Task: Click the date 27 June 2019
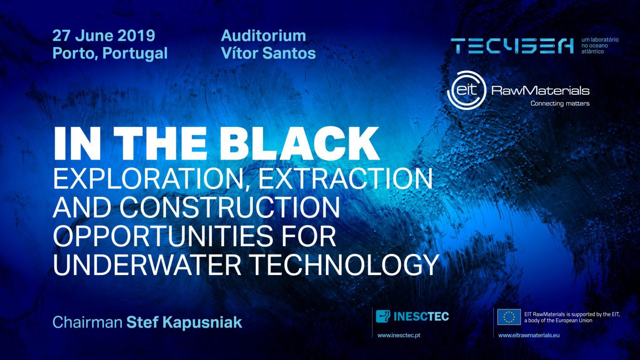click(x=104, y=36)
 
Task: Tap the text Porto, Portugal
click(x=110, y=53)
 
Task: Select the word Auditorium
click(x=263, y=36)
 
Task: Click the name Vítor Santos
click(x=268, y=53)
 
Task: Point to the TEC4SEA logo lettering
click(x=512, y=46)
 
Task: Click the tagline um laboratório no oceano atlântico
click(x=600, y=46)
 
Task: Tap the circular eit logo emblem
click(x=467, y=90)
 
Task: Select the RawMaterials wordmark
click(x=540, y=91)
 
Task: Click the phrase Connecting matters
click(x=560, y=103)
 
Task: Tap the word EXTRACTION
click(x=346, y=178)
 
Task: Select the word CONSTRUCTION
click(x=229, y=206)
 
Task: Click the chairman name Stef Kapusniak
click(x=184, y=323)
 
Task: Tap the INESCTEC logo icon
click(x=383, y=316)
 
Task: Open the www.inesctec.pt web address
click(x=399, y=335)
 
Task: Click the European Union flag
click(x=509, y=317)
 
